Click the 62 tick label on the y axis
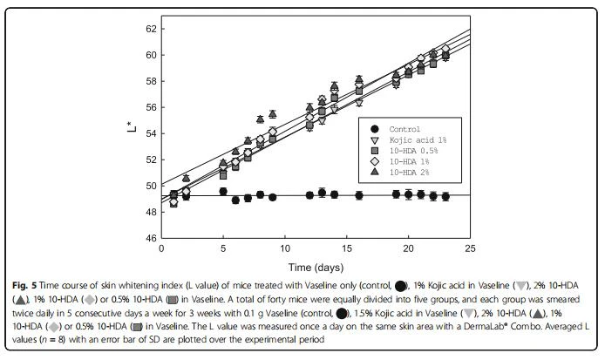point(151,29)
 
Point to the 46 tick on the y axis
point(151,238)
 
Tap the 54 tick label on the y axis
point(151,133)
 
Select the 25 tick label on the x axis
point(470,249)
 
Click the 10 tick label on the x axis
point(285,249)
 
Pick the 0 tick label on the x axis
point(161,249)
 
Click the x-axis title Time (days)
point(316,268)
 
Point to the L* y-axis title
point(132,127)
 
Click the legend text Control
point(404,129)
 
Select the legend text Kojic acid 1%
point(418,139)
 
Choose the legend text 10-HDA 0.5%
point(413,151)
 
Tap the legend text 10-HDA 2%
point(409,172)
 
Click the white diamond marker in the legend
point(374,161)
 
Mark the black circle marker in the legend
point(374,129)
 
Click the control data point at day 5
point(223,192)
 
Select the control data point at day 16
point(359,195)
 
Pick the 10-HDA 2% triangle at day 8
point(260,119)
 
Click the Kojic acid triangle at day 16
point(359,103)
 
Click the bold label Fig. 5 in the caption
point(24,286)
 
